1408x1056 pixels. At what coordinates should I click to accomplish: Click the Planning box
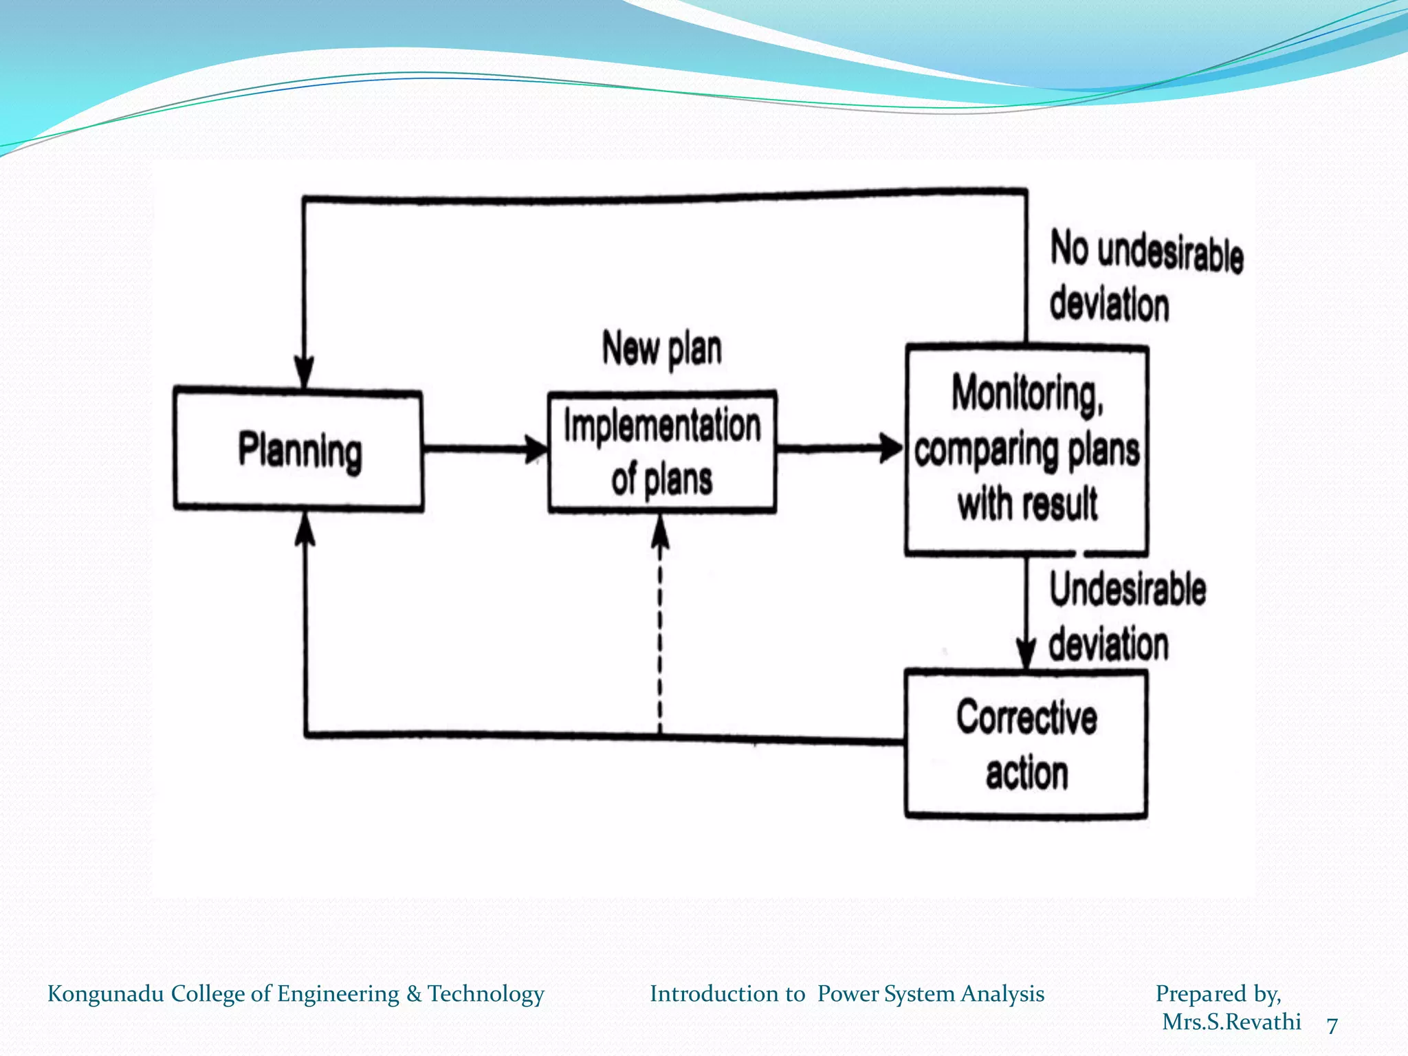click(298, 450)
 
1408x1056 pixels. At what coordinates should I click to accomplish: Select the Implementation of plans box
click(662, 452)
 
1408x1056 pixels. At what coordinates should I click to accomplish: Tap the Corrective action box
click(1026, 745)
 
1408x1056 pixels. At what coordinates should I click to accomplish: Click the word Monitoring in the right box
click(1027, 394)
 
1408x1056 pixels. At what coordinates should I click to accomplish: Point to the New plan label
click(662, 349)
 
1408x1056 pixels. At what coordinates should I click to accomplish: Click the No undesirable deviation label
click(1145, 276)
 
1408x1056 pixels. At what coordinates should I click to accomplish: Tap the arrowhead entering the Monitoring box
click(892, 448)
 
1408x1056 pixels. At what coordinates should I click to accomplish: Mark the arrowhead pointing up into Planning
click(305, 529)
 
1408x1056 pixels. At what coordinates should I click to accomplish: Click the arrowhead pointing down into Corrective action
click(1026, 653)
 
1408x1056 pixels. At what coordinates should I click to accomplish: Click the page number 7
click(1332, 1025)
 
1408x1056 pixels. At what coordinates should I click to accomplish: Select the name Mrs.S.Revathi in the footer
click(1231, 1022)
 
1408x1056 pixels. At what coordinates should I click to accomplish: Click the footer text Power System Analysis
click(930, 994)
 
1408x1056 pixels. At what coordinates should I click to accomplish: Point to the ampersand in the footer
click(413, 994)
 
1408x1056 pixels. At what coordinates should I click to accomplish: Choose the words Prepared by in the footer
click(1218, 994)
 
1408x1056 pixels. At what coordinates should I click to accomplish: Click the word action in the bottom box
click(1026, 773)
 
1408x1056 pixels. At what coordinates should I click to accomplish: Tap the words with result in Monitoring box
click(1027, 504)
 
